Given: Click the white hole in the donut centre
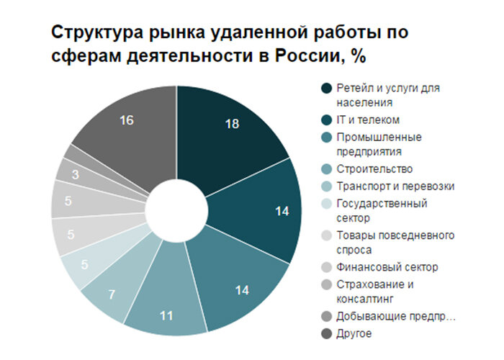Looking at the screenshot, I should pos(176,210).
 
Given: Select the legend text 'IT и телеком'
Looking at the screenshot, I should pos(369,119).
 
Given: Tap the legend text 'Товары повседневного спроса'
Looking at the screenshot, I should pos(395,242).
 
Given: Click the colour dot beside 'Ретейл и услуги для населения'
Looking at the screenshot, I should pos(326,89).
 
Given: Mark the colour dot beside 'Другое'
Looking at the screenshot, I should pos(326,333).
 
